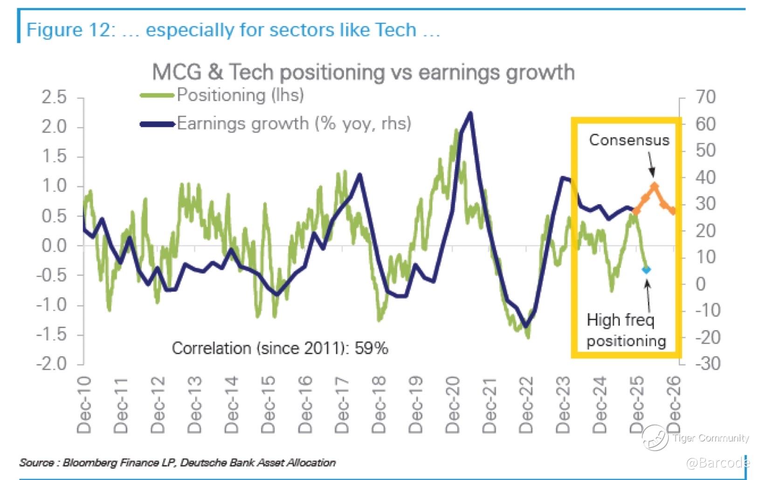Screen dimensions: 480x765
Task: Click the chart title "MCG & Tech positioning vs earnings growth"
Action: click(363, 72)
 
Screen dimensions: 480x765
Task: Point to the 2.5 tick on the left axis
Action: click(54, 97)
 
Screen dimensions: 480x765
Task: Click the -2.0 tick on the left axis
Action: click(51, 363)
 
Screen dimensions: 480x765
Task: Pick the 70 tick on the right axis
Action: click(705, 97)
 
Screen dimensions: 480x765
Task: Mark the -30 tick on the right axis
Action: click(708, 363)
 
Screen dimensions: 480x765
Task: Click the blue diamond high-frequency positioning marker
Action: click(646, 269)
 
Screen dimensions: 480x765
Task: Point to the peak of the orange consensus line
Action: click(655, 186)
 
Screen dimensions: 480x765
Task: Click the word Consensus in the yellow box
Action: click(629, 140)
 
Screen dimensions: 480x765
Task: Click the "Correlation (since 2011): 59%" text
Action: click(280, 348)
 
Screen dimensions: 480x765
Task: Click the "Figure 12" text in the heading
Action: click(70, 30)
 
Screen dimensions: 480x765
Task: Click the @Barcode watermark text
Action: click(718, 463)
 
